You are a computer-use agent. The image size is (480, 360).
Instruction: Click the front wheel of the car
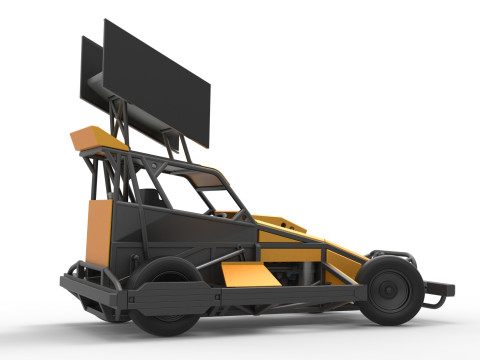click(389, 288)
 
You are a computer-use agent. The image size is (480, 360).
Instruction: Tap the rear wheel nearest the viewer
click(164, 292)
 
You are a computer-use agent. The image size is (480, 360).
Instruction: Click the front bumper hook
click(438, 294)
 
